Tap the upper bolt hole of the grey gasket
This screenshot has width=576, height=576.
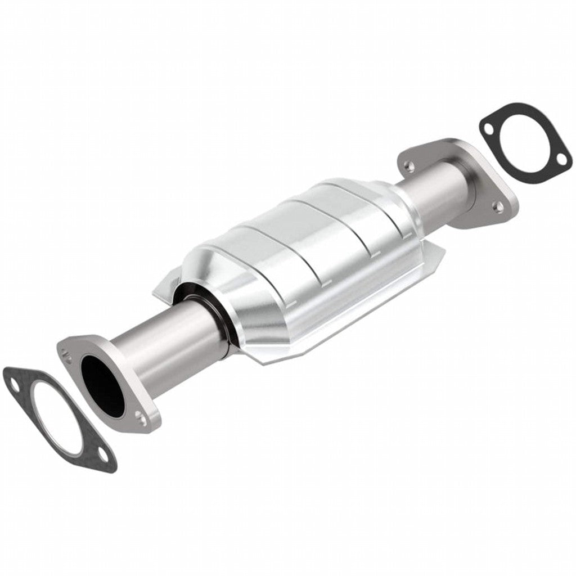(12, 382)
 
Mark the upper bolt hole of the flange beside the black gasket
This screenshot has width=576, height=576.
(410, 166)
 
